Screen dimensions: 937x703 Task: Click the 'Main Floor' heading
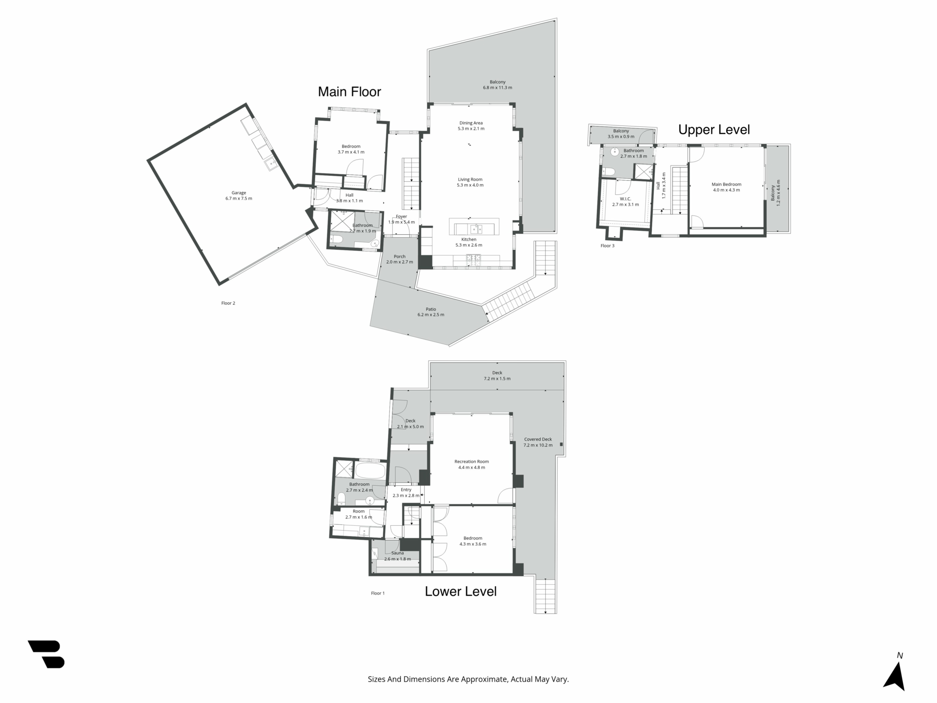click(x=349, y=92)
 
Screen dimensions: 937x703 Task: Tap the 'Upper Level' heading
click(x=714, y=130)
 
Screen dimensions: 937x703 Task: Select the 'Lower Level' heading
click(x=461, y=591)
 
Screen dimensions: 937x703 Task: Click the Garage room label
click(x=239, y=195)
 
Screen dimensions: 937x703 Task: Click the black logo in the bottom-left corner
click(x=46, y=654)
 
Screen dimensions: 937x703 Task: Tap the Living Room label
click(x=470, y=182)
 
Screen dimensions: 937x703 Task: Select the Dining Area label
click(x=471, y=126)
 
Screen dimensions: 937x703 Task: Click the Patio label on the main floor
click(x=431, y=312)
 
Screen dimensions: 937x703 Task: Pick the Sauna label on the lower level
click(x=397, y=556)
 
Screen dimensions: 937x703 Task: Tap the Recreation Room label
click(x=471, y=464)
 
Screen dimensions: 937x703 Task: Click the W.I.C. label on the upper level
click(x=625, y=202)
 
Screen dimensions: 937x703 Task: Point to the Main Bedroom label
click(x=726, y=187)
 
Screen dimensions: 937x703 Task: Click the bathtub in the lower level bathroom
click(x=370, y=471)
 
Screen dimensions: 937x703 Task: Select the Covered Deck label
click(x=538, y=442)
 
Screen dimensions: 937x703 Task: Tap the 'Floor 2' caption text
click(x=228, y=303)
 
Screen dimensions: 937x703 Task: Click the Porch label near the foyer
click(x=400, y=259)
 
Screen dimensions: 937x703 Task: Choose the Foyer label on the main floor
click(x=401, y=219)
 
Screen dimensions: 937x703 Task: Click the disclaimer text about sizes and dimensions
click(x=468, y=679)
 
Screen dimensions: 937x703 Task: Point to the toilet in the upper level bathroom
click(x=608, y=170)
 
